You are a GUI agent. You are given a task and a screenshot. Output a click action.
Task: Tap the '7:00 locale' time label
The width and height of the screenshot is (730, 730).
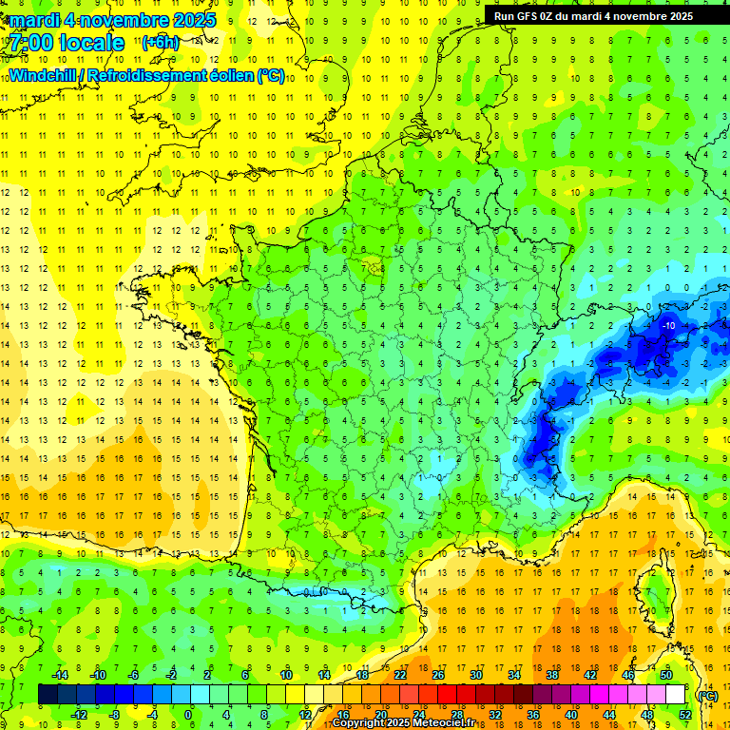tap(67, 43)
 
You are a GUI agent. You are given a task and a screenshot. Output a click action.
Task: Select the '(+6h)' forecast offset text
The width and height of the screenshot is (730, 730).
tap(159, 43)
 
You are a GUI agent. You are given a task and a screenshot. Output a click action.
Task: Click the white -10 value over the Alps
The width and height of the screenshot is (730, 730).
tap(668, 325)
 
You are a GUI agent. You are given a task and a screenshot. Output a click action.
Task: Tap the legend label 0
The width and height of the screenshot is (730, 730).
tap(188, 714)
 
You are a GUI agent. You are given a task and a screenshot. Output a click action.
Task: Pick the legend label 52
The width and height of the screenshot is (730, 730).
tap(685, 714)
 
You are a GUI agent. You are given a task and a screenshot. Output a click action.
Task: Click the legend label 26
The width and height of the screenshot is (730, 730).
tap(438, 674)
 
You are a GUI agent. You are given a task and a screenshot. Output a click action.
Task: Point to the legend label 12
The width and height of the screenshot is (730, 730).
tap(304, 714)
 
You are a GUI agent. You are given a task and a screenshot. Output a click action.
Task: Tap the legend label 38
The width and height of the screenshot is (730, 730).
tap(552, 674)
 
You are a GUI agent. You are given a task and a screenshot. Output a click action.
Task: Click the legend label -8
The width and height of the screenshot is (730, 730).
tap(113, 714)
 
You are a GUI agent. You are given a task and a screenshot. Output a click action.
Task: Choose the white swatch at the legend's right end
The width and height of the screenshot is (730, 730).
tap(675, 694)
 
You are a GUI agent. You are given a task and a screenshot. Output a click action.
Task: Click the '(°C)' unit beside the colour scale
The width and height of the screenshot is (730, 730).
tap(707, 695)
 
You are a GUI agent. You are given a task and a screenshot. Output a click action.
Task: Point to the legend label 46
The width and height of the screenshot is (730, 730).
tap(628, 674)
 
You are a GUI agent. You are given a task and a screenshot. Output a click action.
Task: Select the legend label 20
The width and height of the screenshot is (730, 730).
tap(380, 714)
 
